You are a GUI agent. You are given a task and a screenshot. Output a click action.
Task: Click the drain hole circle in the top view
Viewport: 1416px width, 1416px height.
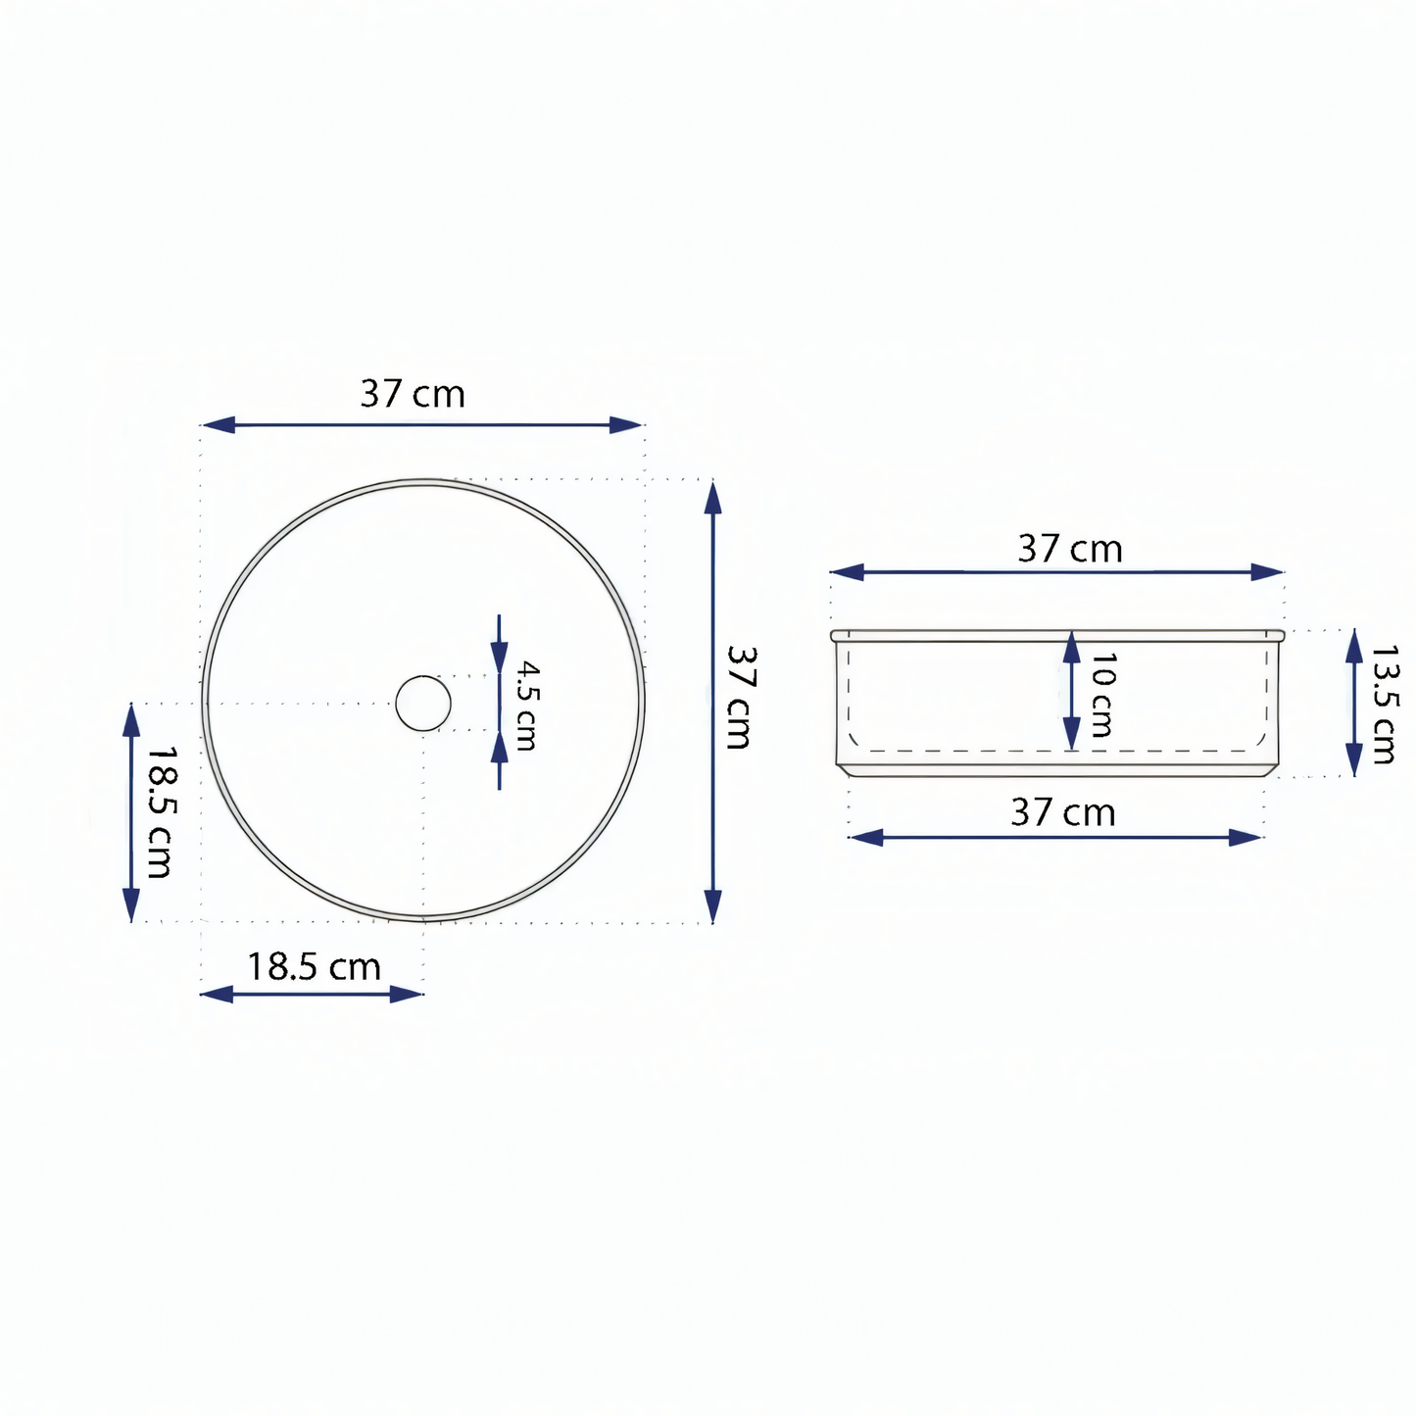tap(423, 703)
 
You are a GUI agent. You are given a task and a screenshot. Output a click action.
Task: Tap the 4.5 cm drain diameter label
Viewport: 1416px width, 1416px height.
tap(527, 706)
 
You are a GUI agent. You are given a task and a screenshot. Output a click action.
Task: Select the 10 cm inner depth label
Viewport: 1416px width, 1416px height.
tap(1101, 695)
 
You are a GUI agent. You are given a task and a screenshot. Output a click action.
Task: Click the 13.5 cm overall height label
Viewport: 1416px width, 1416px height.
tap(1384, 704)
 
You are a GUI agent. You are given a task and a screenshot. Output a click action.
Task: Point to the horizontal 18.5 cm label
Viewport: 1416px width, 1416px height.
tap(314, 967)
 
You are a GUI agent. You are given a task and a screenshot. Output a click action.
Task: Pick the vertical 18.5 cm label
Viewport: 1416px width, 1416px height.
tap(160, 811)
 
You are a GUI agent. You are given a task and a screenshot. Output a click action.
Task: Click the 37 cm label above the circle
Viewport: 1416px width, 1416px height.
tap(413, 394)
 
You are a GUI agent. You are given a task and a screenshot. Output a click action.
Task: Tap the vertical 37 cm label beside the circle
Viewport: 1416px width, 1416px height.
tap(739, 697)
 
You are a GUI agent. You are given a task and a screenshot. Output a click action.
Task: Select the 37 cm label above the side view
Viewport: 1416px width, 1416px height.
tap(1070, 549)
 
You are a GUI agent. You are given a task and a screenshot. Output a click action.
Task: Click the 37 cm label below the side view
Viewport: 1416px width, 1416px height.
tap(1063, 813)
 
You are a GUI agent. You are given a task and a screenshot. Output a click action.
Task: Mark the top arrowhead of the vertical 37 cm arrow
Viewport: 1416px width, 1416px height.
tap(713, 499)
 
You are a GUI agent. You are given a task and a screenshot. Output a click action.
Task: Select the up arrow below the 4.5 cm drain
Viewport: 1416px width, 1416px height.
tap(500, 750)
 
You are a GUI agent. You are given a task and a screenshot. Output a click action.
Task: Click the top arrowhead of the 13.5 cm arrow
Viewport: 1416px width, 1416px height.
tap(1354, 647)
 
